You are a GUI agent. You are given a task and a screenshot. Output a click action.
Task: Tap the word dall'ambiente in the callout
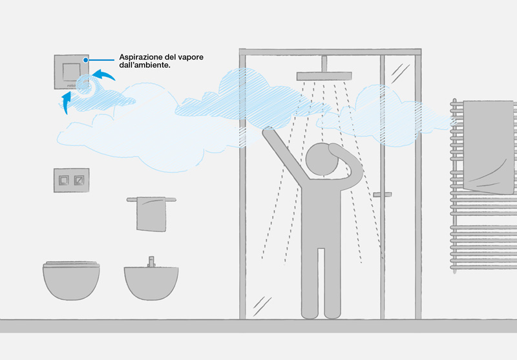point(145,65)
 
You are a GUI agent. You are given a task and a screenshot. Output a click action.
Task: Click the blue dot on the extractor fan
point(86,60)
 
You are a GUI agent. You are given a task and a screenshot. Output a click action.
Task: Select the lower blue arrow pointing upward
point(67,101)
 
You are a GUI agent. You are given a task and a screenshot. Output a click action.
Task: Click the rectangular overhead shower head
point(324,76)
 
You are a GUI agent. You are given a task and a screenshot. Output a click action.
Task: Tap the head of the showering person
point(322,160)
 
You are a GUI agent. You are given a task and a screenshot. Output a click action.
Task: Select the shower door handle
point(383,195)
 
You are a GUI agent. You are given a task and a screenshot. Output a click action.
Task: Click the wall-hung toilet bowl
point(71,281)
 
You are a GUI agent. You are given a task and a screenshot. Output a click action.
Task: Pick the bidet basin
point(151,283)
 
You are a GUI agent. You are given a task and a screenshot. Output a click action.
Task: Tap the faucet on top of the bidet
point(151,261)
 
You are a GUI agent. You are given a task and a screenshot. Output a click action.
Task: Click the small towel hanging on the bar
point(151,215)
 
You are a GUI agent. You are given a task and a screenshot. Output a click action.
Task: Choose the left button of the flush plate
point(63,180)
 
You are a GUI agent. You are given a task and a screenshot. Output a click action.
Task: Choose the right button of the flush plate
point(79,180)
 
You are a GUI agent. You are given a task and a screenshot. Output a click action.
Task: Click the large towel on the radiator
point(489,147)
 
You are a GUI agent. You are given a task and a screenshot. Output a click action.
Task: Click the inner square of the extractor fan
point(72,72)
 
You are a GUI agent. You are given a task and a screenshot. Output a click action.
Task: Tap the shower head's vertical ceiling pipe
point(324,63)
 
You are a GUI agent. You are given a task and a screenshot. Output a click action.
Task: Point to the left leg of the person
point(310,284)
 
